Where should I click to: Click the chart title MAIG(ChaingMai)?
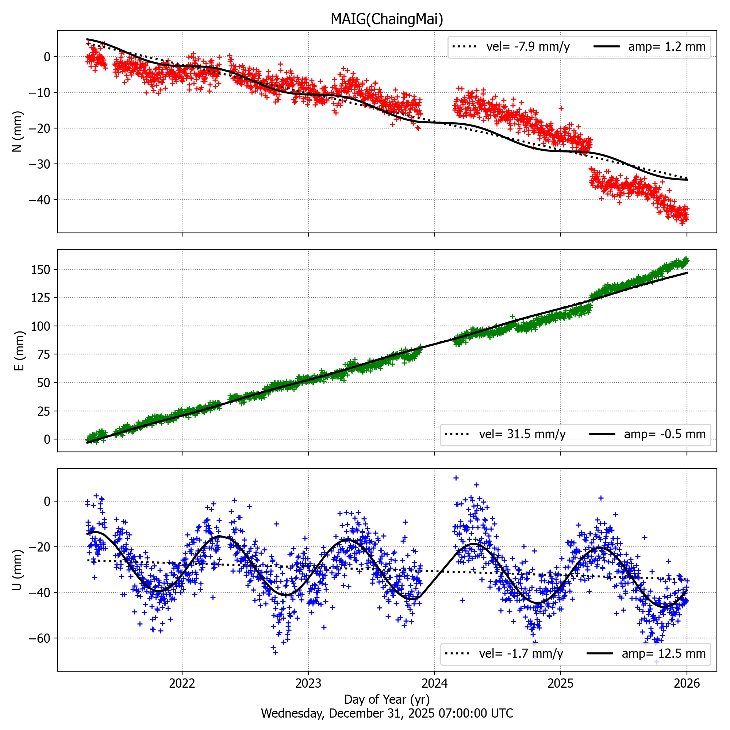tap(387, 19)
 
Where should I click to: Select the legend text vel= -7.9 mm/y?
tap(528, 46)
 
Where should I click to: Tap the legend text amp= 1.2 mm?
tap(667, 46)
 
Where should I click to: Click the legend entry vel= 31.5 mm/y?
tap(522, 434)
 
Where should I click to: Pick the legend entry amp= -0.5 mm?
tap(665, 434)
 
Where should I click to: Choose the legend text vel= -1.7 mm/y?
tap(521, 653)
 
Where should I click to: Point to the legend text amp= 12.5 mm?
tap(664, 653)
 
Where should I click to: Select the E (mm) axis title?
tap(19, 351)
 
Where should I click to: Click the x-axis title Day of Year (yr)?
tap(387, 699)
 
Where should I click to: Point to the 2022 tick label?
tap(182, 683)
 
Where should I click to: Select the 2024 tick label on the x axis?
tap(434, 683)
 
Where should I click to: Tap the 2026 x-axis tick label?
tap(687, 683)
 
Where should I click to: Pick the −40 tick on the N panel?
tap(39, 200)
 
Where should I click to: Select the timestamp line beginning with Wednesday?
tap(387, 713)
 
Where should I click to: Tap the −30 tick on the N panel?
tap(39, 164)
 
